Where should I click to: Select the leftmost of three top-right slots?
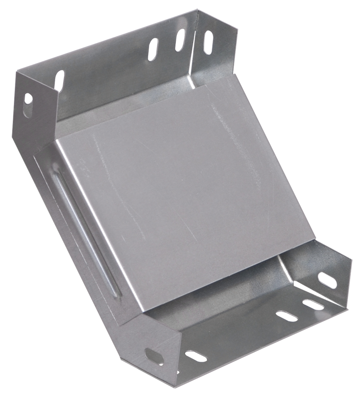pyautogui.click(x=153, y=50)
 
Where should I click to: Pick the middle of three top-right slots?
pyautogui.click(x=181, y=41)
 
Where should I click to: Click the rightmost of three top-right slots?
pyautogui.click(x=208, y=42)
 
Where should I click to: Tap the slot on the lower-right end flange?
pyautogui.click(x=327, y=280)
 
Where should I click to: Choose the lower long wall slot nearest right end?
pyautogui.click(x=313, y=304)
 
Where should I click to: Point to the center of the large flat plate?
pyautogui.click(x=186, y=198)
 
